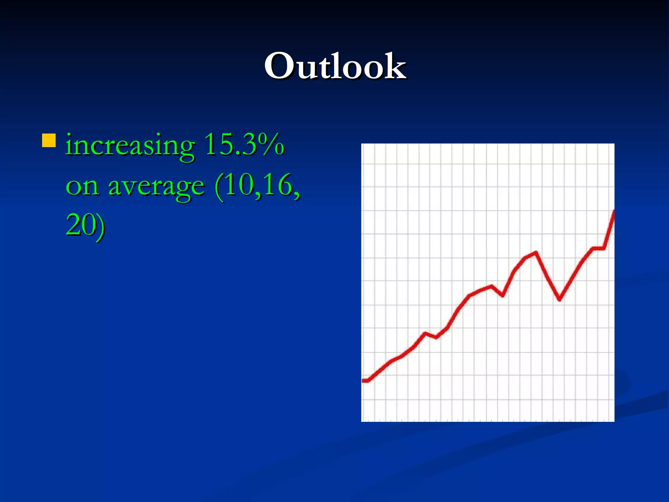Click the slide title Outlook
(335, 66)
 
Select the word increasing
(130, 145)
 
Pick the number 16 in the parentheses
(278, 185)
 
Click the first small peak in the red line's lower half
(425, 333)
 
